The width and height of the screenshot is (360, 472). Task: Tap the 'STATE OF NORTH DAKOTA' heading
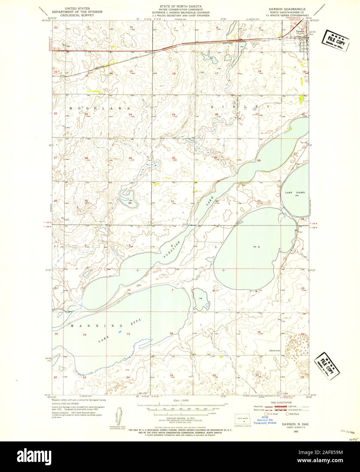pyautogui.click(x=180, y=6)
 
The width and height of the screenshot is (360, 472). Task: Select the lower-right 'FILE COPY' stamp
pyautogui.click(x=327, y=366)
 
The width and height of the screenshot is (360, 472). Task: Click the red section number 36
pyautogui.click(x=130, y=203)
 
